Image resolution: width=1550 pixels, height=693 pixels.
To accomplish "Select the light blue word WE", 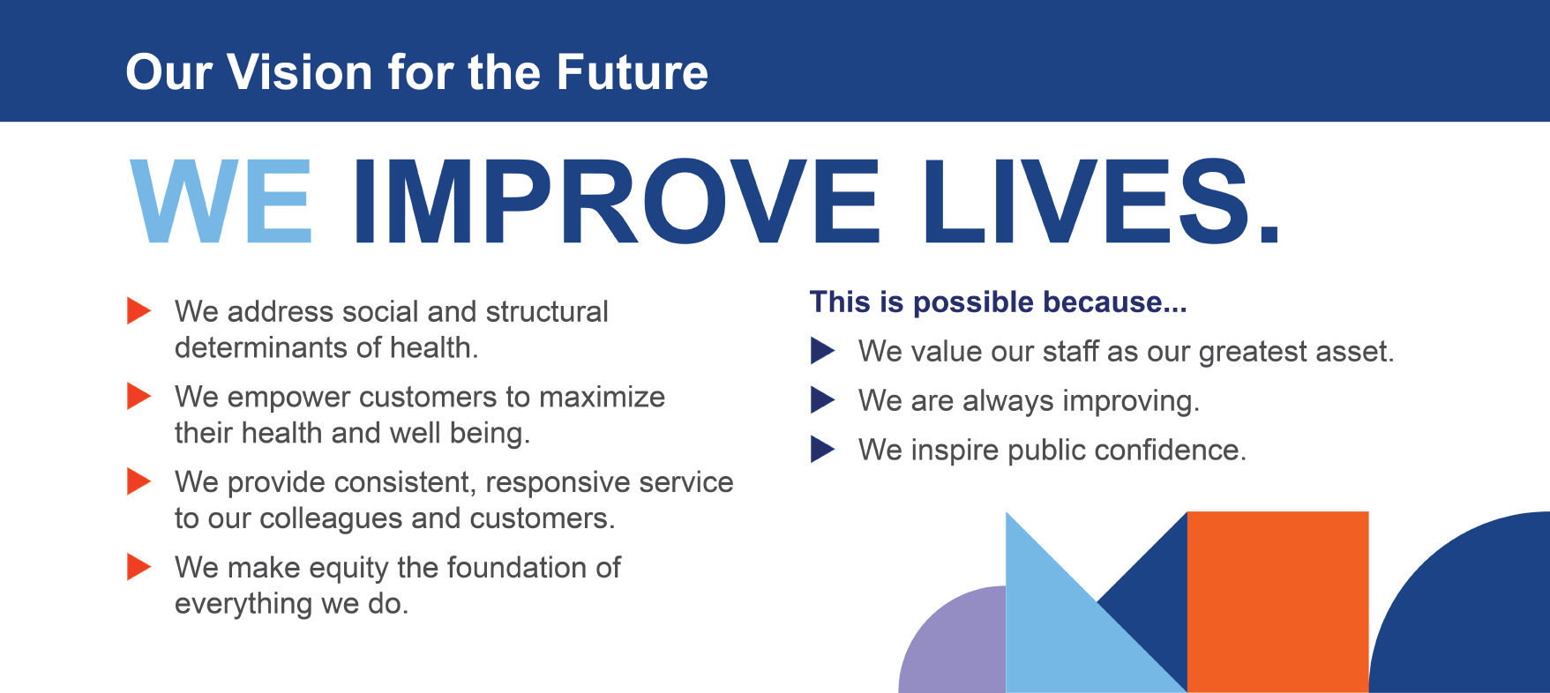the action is [221, 201].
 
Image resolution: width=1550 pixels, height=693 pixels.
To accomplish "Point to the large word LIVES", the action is [1101, 201].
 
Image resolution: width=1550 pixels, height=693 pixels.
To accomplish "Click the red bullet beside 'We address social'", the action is [139, 310].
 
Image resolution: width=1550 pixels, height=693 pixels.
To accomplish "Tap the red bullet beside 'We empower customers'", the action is [139, 396].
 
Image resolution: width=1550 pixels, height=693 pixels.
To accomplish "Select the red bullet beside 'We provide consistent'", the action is [139, 481].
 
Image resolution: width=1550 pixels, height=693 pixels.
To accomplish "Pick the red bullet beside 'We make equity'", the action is [139, 566].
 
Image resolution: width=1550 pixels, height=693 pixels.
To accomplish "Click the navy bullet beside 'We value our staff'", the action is [823, 351].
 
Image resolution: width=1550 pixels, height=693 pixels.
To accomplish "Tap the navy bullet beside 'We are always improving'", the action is [823, 400].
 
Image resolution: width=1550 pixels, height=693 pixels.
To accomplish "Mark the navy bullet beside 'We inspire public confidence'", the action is [823, 450].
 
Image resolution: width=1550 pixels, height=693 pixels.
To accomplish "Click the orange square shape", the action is [1277, 602].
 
